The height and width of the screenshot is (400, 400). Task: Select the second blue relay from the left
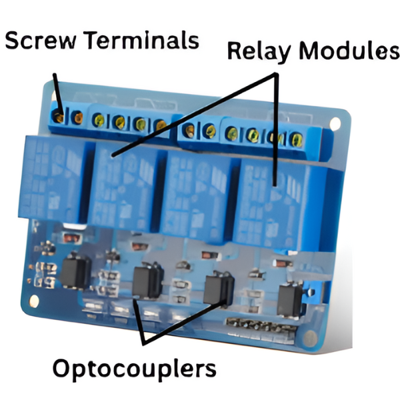click(123, 183)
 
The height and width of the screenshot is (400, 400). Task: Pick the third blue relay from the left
click(196, 193)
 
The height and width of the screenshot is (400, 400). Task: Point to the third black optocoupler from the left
click(219, 287)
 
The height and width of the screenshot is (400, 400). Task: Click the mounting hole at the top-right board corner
click(335, 123)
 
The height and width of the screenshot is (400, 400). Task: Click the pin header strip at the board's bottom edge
click(260, 327)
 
